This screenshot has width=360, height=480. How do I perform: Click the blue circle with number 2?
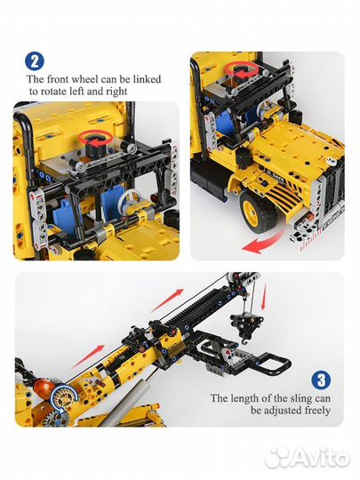[x=35, y=61]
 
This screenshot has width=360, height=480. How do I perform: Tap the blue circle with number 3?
[x=321, y=380]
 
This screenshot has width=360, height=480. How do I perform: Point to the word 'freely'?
[x=317, y=411]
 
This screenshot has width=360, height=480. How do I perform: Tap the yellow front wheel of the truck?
[x=258, y=212]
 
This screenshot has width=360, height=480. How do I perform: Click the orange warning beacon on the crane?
[x=44, y=388]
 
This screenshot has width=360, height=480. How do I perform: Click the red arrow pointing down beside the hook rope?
[x=264, y=296]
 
